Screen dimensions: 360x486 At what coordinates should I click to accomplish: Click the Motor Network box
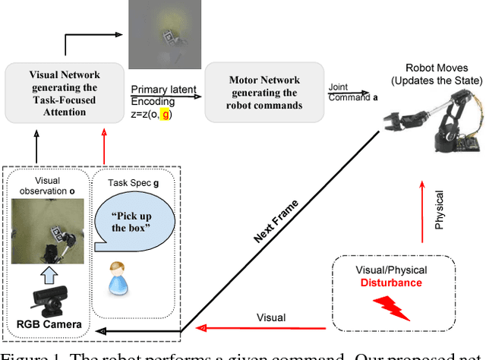(x=264, y=93)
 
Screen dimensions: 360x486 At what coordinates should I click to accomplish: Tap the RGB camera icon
(x=49, y=300)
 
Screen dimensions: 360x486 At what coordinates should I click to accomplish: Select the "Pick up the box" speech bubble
(x=134, y=221)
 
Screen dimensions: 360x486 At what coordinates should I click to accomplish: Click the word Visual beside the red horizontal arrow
(x=271, y=317)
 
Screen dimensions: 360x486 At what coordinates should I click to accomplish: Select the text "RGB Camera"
(x=48, y=326)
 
